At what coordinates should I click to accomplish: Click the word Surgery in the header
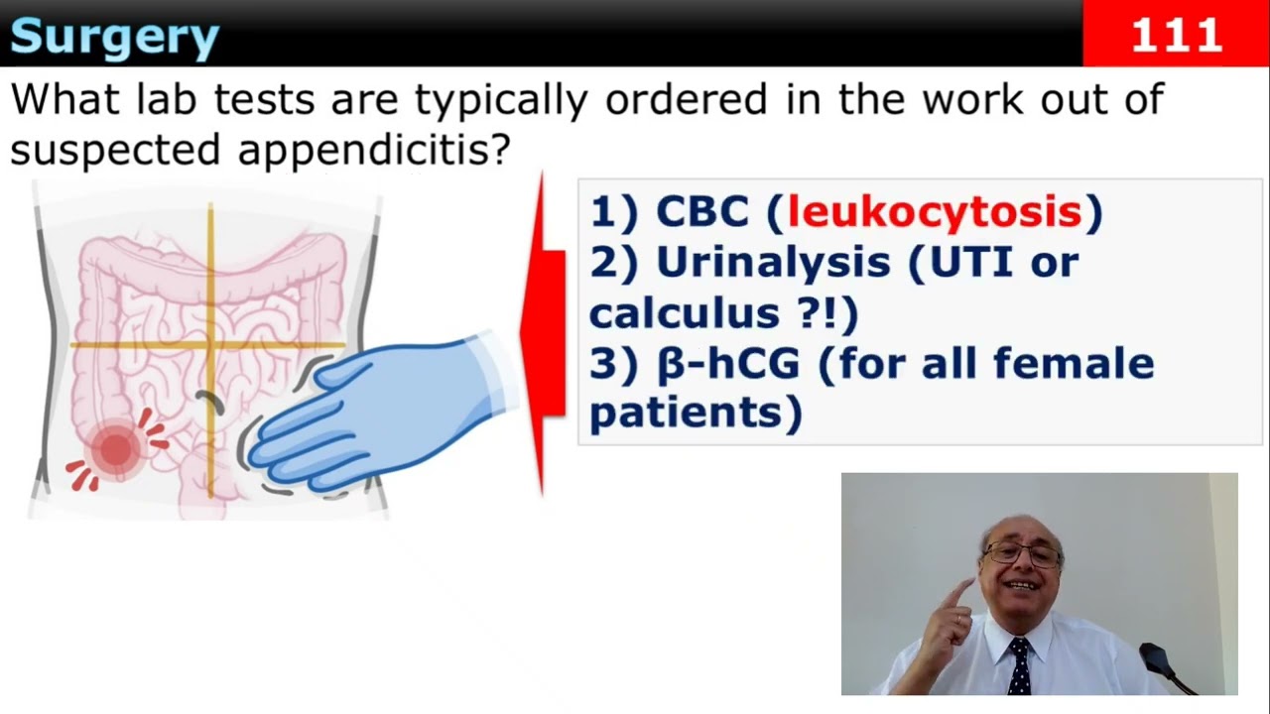point(114,37)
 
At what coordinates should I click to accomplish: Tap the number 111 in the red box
point(1176,36)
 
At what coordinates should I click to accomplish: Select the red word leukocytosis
point(934,212)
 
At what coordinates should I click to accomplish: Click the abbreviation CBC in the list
point(700,212)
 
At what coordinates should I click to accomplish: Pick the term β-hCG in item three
point(727,363)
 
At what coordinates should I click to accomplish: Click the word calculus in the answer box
point(684,312)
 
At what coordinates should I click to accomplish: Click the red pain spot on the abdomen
point(116,449)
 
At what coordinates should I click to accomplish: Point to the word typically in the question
point(502,99)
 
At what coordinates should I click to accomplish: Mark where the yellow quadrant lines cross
point(211,345)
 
